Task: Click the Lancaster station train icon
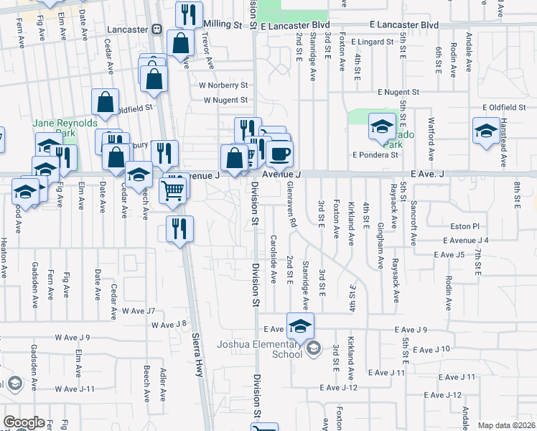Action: click(157, 29)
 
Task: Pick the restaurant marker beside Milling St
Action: click(189, 13)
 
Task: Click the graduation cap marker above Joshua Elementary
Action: click(301, 326)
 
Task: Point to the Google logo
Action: click(24, 422)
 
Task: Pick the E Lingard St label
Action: click(373, 42)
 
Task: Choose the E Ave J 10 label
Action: click(431, 348)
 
